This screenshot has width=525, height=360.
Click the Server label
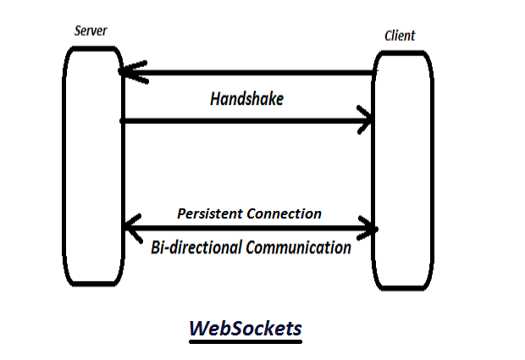pos(91,31)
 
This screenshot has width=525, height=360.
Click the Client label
pos(400,36)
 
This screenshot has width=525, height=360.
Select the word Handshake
pos(246,99)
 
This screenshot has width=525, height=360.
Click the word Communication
pos(297,248)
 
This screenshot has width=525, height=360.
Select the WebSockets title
pos(245,329)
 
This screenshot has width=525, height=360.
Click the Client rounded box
pos(402,169)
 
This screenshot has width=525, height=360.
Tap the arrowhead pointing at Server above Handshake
pos(132,73)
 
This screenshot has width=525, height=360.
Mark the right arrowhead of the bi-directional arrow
pos(368,228)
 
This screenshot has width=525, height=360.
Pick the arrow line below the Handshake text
pos(246,121)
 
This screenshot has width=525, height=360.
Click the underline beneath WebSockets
pos(245,342)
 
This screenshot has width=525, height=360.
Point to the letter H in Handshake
pos(215,99)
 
